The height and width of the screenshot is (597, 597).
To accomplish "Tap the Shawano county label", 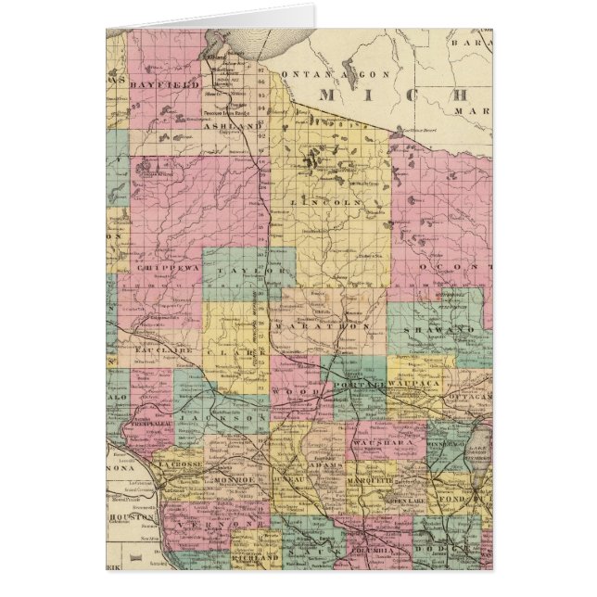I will (x=429, y=328).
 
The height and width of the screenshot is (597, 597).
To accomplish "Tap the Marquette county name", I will (x=373, y=481).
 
